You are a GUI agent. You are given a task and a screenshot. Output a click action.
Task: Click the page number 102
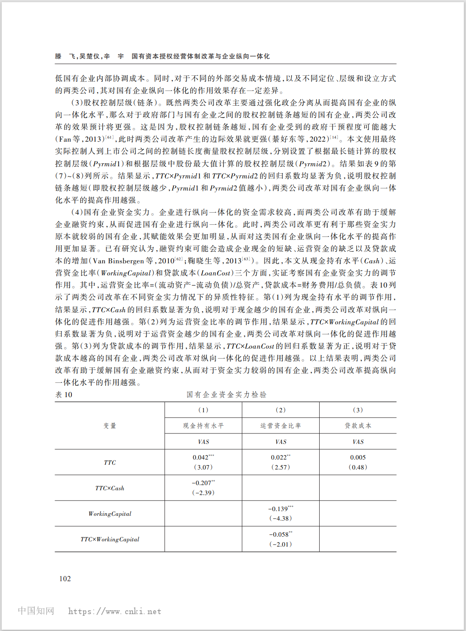pyautogui.click(x=65, y=579)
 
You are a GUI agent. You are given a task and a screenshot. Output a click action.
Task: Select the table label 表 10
pyautogui.click(x=64, y=395)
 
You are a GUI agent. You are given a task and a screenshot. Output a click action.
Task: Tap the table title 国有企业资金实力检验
pyautogui.click(x=227, y=395)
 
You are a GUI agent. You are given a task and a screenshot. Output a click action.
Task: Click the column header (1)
pyautogui.click(x=203, y=410)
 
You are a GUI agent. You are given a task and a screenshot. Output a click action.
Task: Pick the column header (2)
pyautogui.click(x=281, y=410)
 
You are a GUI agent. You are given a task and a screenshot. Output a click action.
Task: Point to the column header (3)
pyautogui.click(x=358, y=410)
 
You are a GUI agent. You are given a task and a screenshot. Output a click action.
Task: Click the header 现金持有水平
pyautogui.click(x=203, y=426)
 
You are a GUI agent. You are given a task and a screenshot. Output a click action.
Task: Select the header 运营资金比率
pyautogui.click(x=281, y=426)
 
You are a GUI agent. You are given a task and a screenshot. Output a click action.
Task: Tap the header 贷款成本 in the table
pyautogui.click(x=358, y=426)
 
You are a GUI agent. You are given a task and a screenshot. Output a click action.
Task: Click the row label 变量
pyautogui.click(x=110, y=426)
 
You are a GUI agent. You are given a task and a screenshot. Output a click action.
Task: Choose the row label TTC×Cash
pyautogui.click(x=110, y=488)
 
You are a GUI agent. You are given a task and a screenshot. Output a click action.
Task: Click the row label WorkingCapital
pyautogui.click(x=110, y=514)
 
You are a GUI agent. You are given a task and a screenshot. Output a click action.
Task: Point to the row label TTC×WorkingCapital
pyautogui.click(x=110, y=539)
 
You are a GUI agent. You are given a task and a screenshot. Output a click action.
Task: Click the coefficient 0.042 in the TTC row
pyautogui.click(x=201, y=457)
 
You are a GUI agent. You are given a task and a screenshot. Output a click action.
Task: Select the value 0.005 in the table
pyautogui.click(x=358, y=457)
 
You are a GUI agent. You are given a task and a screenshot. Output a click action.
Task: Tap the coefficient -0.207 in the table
pyautogui.click(x=202, y=483)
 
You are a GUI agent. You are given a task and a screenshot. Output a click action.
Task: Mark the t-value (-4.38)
pyautogui.click(x=281, y=518)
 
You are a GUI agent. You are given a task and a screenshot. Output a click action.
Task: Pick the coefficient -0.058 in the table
pyautogui.click(x=279, y=534)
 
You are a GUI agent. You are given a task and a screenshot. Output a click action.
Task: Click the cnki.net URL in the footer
pyautogui.click(x=115, y=612)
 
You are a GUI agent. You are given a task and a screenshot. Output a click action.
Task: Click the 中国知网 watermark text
pyautogui.click(x=36, y=611)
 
